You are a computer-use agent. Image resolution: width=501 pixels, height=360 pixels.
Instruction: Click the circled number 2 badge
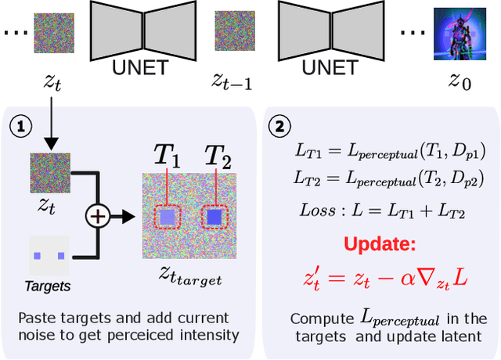pyautogui.click(x=279, y=125)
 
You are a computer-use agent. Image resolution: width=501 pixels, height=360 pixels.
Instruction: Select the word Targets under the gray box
pyautogui.click(x=49, y=286)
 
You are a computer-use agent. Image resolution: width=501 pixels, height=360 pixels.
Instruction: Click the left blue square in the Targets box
pyautogui.click(x=37, y=255)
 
